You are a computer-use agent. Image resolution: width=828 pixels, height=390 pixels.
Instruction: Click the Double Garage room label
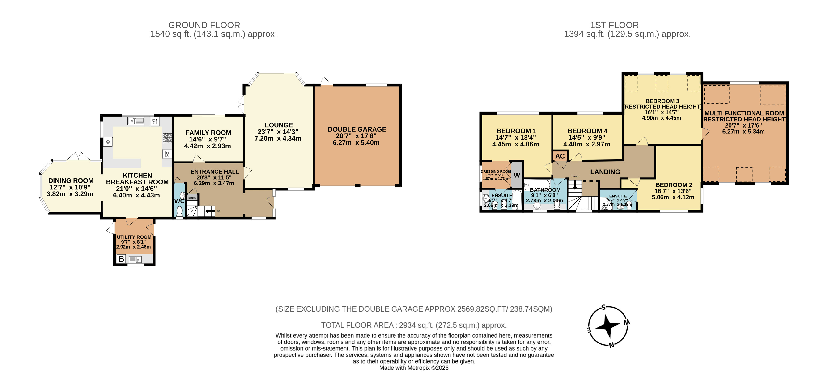tap(357, 129)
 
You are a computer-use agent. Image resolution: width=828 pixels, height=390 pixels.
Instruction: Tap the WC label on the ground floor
tap(179, 201)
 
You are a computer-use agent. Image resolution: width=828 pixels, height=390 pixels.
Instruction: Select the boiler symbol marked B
tap(121, 259)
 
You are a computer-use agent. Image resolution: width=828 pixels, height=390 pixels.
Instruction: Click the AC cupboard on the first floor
tap(560, 156)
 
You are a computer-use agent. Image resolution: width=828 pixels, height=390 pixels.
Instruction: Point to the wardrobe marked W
tap(517, 175)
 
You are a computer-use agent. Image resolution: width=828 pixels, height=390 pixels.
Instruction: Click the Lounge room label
tap(279, 125)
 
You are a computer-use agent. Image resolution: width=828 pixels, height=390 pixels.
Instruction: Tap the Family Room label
tap(208, 133)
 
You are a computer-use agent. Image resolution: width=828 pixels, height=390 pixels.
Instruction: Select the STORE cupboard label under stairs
tap(192, 198)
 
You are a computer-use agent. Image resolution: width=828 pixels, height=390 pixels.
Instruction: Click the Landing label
tap(605, 172)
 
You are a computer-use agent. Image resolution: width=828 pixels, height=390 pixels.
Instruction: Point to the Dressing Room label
tap(496, 171)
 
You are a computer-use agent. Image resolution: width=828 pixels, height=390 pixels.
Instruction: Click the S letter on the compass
tap(604, 307)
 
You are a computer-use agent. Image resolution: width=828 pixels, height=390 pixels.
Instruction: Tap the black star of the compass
tap(607, 326)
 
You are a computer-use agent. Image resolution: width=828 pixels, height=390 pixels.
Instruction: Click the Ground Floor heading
tap(204, 25)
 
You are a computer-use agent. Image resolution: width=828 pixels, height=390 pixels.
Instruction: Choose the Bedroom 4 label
tap(588, 131)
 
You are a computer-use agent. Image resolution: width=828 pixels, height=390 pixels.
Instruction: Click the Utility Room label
tap(134, 237)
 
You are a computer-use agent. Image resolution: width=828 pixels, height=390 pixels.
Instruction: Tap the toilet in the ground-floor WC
tap(179, 211)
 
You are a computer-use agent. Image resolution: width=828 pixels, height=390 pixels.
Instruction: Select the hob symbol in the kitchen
tap(167, 138)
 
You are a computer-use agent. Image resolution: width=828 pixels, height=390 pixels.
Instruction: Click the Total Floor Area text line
tap(414, 325)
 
